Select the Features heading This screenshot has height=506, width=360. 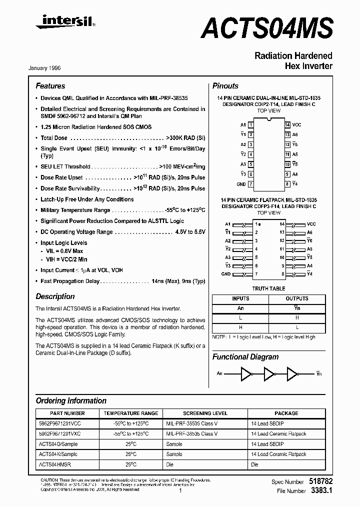(x=50, y=86)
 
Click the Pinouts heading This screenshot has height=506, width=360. (x=225, y=86)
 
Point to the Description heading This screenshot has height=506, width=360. (x=55, y=296)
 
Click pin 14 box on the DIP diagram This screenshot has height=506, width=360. (x=287, y=124)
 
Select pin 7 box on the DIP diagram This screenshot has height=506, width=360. (x=250, y=184)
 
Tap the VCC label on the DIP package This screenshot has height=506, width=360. (x=296, y=124)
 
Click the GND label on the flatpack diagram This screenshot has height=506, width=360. (x=226, y=274)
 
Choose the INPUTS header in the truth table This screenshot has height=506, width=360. (x=240, y=298)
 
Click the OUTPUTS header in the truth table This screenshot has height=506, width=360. (x=297, y=298)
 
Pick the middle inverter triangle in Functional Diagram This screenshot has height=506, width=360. (x=269, y=373)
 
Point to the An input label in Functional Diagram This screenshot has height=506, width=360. (x=219, y=373)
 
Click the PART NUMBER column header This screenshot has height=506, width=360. (x=67, y=413)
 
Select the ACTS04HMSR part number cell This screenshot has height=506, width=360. (x=54, y=464)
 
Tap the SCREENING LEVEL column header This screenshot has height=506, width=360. (x=205, y=413)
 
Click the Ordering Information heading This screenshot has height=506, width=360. (x=71, y=400)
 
